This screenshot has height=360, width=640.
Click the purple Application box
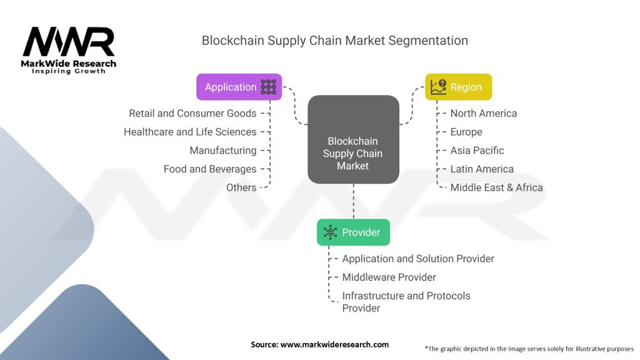[x=239, y=87]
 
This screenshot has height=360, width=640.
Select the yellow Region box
[x=458, y=87]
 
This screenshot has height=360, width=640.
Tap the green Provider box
[x=353, y=232]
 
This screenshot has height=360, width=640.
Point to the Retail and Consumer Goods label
[x=192, y=113]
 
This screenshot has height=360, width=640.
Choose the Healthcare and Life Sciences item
[x=190, y=132]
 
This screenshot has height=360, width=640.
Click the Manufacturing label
[x=223, y=151]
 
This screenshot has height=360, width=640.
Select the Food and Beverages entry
[x=210, y=169]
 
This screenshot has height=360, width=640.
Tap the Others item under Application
[x=241, y=187]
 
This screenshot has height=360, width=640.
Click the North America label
[x=484, y=113]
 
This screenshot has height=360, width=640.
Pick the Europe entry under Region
[x=466, y=132]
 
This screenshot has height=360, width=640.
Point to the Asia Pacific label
[x=477, y=151]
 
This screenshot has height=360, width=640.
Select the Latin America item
[x=482, y=169]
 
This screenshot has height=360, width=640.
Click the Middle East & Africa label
[x=496, y=187]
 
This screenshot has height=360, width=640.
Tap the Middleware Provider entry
[x=389, y=277]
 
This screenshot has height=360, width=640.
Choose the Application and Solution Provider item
[x=418, y=259]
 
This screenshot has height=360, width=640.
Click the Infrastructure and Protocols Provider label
[x=406, y=301]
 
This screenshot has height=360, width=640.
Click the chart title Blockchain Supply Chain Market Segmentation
[x=334, y=41]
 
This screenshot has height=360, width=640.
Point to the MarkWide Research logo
[x=69, y=50]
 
